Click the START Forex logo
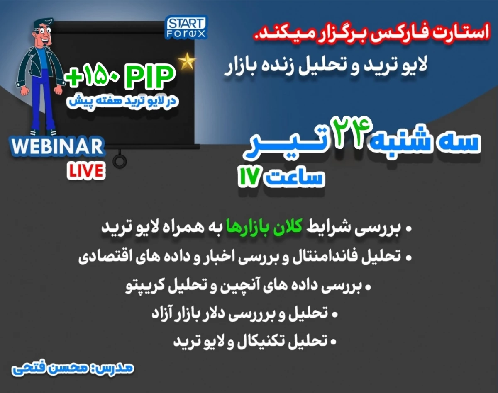coord(186,28)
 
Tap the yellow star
coord(187,61)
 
